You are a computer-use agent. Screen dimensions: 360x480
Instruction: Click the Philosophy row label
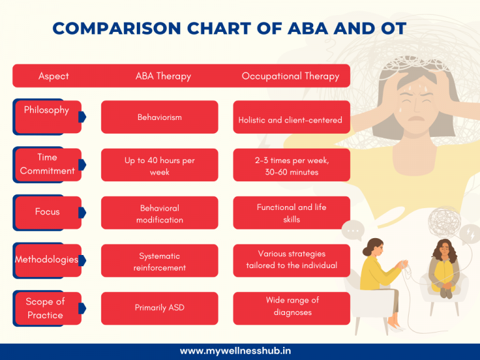point(47,116)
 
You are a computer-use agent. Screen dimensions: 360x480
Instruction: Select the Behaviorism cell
point(159,117)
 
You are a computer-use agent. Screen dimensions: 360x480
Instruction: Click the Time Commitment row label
point(47,164)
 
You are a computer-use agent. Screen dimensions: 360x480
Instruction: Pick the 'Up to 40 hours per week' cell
point(159,165)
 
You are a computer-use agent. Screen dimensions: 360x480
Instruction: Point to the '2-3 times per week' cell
point(291,165)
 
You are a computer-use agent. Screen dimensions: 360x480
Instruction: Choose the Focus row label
point(47,212)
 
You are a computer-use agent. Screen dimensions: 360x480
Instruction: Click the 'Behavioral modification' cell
point(159,213)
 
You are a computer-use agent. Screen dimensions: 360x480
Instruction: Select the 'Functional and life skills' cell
point(291,213)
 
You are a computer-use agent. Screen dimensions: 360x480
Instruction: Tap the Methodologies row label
point(47,259)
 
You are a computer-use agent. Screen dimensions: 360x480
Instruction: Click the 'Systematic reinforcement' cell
point(159,261)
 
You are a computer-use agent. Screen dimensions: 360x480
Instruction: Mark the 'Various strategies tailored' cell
point(291,260)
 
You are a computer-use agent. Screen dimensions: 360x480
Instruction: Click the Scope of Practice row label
point(47,308)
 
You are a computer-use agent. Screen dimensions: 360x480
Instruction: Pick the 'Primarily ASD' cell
point(159,308)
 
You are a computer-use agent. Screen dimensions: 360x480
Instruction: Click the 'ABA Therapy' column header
point(163,76)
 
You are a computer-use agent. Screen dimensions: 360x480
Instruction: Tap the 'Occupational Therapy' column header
point(291,76)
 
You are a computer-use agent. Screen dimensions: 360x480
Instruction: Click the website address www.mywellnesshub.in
point(240,351)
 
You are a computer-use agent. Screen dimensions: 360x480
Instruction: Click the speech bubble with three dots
point(353,231)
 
